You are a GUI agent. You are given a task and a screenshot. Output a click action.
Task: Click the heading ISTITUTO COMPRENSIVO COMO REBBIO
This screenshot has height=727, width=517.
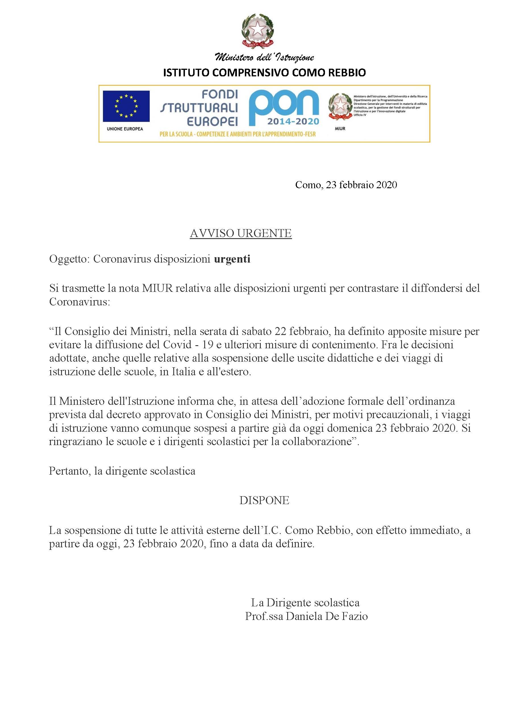pos(264,73)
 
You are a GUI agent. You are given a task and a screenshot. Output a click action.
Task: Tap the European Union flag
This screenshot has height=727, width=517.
pos(126,106)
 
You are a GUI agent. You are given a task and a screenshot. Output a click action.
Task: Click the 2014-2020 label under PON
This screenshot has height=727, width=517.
pos(293,121)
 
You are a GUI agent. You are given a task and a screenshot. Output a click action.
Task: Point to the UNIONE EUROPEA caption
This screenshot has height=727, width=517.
pos(125,129)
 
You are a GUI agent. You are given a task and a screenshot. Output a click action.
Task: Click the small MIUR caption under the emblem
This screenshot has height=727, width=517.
pos(340,129)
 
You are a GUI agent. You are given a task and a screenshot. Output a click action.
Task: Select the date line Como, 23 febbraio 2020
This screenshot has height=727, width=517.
pos(346,185)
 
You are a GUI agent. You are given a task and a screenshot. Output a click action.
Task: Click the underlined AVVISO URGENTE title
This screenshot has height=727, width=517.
pos(241,233)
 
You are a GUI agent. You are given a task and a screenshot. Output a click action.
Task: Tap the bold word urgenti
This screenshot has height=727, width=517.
pos(232,259)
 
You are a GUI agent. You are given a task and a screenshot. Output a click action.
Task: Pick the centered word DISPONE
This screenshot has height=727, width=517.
pos(264,500)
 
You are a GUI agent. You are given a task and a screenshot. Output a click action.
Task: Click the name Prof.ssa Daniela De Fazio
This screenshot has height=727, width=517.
pos(306,616)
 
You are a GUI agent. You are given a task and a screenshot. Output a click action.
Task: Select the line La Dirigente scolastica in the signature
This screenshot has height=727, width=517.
pos(305,602)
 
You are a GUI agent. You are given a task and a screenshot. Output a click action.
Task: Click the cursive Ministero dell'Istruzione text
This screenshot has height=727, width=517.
pos(264,57)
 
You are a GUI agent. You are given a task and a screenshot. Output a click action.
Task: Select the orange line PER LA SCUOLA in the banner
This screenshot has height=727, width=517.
pos(237,134)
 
